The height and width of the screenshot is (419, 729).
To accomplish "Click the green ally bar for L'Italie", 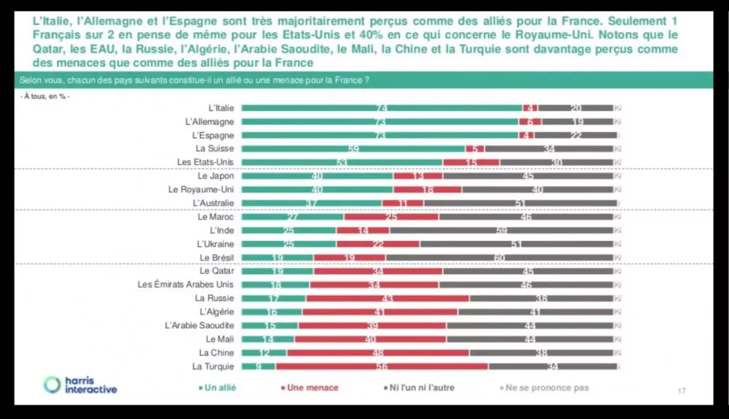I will pyautogui.click(x=381, y=108).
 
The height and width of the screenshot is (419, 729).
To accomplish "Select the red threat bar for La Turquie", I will pyautogui.click(x=383, y=366).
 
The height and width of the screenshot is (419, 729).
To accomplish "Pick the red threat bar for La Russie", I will pyautogui.click(x=389, y=299).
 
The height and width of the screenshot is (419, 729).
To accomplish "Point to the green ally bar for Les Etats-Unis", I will pyautogui.click(x=342, y=162).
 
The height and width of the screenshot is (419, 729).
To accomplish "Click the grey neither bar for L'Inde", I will pyautogui.click(x=502, y=231).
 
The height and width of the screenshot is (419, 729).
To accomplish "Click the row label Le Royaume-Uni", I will pyautogui.click(x=201, y=190).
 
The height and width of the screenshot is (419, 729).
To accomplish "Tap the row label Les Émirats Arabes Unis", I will pyautogui.click(x=186, y=285).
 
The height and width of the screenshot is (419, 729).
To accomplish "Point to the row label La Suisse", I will pyautogui.click(x=216, y=149).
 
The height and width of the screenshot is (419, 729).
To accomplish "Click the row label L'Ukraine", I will pyautogui.click(x=215, y=244).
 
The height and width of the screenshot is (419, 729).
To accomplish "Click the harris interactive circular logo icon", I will pyautogui.click(x=53, y=385).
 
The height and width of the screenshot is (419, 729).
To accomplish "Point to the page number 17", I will pyautogui.click(x=682, y=393).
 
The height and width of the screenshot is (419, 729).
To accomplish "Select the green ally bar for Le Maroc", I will pyautogui.click(x=292, y=217).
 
